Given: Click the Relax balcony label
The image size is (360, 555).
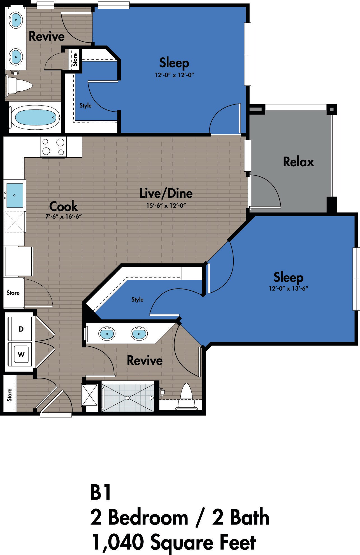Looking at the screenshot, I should click(298, 162).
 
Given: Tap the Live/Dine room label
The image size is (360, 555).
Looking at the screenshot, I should click(166, 193).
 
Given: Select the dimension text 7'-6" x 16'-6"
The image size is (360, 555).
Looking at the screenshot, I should click(63, 216).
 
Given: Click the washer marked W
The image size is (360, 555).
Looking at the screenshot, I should click(21, 355).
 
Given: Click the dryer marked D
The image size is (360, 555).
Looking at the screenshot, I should click(21, 329).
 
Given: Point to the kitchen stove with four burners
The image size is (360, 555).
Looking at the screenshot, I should click(53, 147).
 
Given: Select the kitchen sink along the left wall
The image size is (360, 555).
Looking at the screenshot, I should click(15, 195).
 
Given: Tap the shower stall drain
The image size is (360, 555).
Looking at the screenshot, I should click(128, 398).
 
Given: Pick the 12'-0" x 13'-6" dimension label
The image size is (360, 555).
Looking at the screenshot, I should click(289, 288).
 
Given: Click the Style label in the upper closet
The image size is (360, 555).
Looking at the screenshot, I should click(85, 106).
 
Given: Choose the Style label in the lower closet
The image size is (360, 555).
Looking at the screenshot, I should click(137, 300).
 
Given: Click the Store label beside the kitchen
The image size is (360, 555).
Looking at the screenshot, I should click(13, 293).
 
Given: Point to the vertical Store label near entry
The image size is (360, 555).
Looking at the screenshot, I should click(10, 395).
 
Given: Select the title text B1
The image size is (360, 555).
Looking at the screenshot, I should click(101, 492).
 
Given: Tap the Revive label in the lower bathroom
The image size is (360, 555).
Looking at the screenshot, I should click(145, 360).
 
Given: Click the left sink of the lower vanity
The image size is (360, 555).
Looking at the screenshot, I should click(107, 334).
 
